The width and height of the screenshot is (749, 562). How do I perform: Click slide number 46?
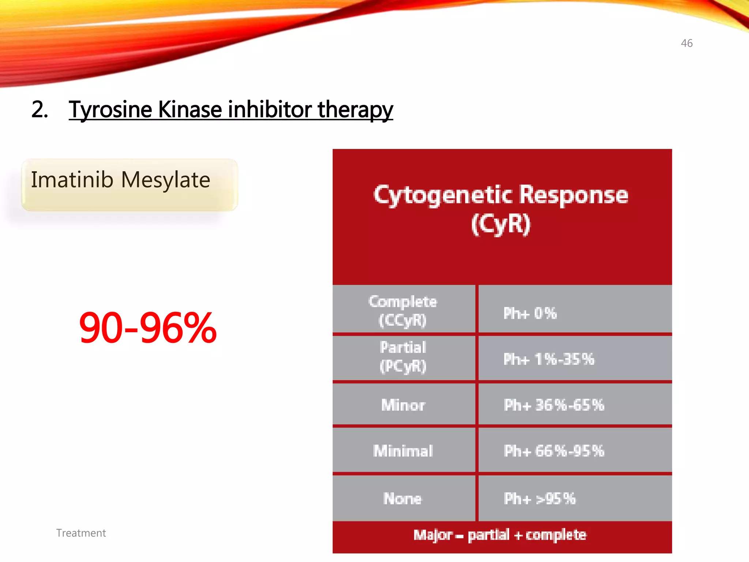click(x=686, y=43)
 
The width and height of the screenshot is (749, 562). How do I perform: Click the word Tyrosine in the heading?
click(x=110, y=109)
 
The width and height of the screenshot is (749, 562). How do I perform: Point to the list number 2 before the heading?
click(x=39, y=109)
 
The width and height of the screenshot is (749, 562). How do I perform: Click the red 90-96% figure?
click(x=148, y=327)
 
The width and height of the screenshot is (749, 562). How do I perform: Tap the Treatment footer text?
click(x=81, y=533)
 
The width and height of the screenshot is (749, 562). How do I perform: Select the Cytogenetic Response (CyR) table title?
click(x=501, y=209)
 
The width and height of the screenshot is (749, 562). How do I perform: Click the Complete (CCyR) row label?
click(x=403, y=310)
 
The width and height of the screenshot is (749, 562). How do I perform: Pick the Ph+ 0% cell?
click(x=530, y=313)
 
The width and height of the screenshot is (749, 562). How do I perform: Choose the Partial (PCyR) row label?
click(x=403, y=357)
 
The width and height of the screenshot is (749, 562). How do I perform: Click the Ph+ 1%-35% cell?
click(x=549, y=359)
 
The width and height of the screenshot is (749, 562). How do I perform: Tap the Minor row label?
click(x=403, y=405)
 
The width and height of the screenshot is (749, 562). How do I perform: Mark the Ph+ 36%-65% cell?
click(x=554, y=405)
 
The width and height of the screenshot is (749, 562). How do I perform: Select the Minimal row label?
click(x=403, y=451)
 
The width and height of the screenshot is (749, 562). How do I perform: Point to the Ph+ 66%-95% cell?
click(x=554, y=451)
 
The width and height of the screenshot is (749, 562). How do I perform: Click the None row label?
click(x=403, y=498)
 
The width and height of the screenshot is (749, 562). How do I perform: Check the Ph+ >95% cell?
click(x=539, y=498)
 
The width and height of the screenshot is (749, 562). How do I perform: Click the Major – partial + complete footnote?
click(x=500, y=535)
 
